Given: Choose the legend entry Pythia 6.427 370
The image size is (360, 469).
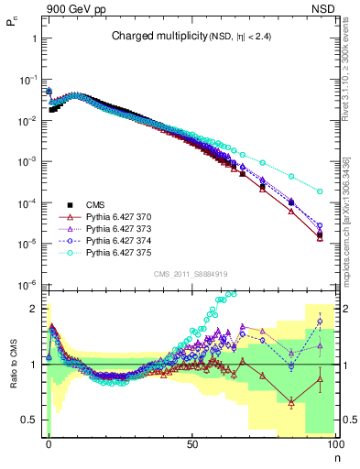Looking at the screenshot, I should pyautogui.click(x=120, y=216).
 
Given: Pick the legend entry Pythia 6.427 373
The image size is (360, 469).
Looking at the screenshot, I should pyautogui.click(x=120, y=228).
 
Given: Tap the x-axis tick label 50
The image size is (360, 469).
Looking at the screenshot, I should pyautogui.click(x=191, y=443).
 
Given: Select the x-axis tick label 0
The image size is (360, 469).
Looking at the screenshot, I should pyautogui.click(x=49, y=443).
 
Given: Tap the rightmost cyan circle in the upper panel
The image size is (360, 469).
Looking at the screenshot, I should pyautogui.click(x=320, y=191).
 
